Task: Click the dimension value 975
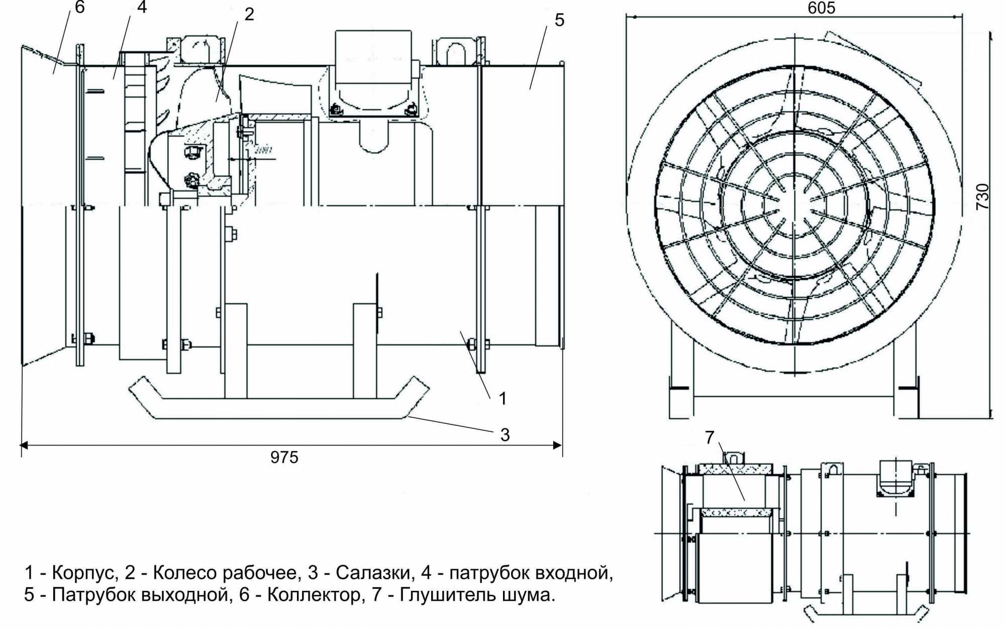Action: pos(284,457)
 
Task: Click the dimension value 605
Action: pos(822,8)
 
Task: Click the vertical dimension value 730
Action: pos(983,197)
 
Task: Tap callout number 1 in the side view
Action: pos(502,399)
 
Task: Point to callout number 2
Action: pos(249,15)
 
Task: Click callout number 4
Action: pos(142,8)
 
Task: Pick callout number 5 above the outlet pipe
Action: pos(559,20)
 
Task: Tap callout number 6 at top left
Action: pos(80,8)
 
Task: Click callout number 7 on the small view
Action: pos(710,438)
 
